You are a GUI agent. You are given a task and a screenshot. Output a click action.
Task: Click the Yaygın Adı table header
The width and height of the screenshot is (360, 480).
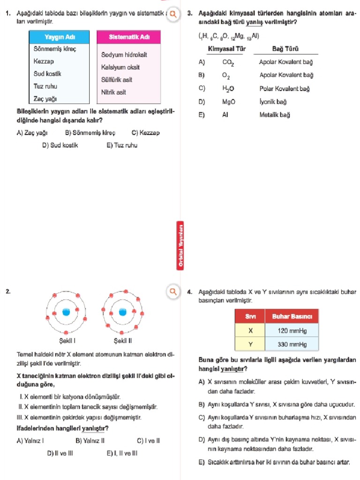click(59, 37)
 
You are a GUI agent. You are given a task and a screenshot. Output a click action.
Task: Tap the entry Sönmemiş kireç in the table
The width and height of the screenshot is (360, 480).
click(55, 49)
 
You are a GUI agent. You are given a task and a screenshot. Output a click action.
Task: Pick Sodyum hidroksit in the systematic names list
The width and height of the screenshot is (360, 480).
click(124, 55)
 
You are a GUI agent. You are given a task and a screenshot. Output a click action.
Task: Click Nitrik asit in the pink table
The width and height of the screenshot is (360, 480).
click(113, 92)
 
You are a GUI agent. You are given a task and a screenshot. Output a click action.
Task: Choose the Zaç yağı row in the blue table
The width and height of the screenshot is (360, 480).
click(45, 98)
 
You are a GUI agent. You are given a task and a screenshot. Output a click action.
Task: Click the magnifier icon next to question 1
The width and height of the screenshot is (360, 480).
click(173, 14)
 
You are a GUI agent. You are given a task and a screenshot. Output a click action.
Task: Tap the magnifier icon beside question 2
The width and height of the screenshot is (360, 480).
click(173, 292)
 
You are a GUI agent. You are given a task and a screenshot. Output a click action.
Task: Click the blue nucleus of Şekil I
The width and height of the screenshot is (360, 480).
click(66, 312)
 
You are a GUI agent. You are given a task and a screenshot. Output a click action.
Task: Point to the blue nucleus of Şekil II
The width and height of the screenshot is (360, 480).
click(123, 312)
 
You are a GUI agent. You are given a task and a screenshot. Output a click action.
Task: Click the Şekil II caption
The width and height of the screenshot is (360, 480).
click(123, 340)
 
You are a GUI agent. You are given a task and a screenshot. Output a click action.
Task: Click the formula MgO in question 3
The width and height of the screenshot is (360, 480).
click(229, 102)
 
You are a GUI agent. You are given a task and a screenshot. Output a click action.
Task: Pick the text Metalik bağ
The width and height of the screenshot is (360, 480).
click(275, 115)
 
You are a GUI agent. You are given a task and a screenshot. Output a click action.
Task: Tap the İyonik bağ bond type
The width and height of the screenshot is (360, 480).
click(273, 102)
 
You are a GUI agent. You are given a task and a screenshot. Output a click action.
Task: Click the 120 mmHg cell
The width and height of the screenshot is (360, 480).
click(292, 330)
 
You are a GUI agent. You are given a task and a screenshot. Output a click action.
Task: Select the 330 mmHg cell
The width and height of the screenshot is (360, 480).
click(292, 345)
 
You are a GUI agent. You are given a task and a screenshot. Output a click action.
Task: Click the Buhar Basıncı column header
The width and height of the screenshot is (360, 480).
click(292, 316)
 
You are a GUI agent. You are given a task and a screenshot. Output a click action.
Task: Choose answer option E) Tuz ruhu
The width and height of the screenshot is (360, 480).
click(122, 145)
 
